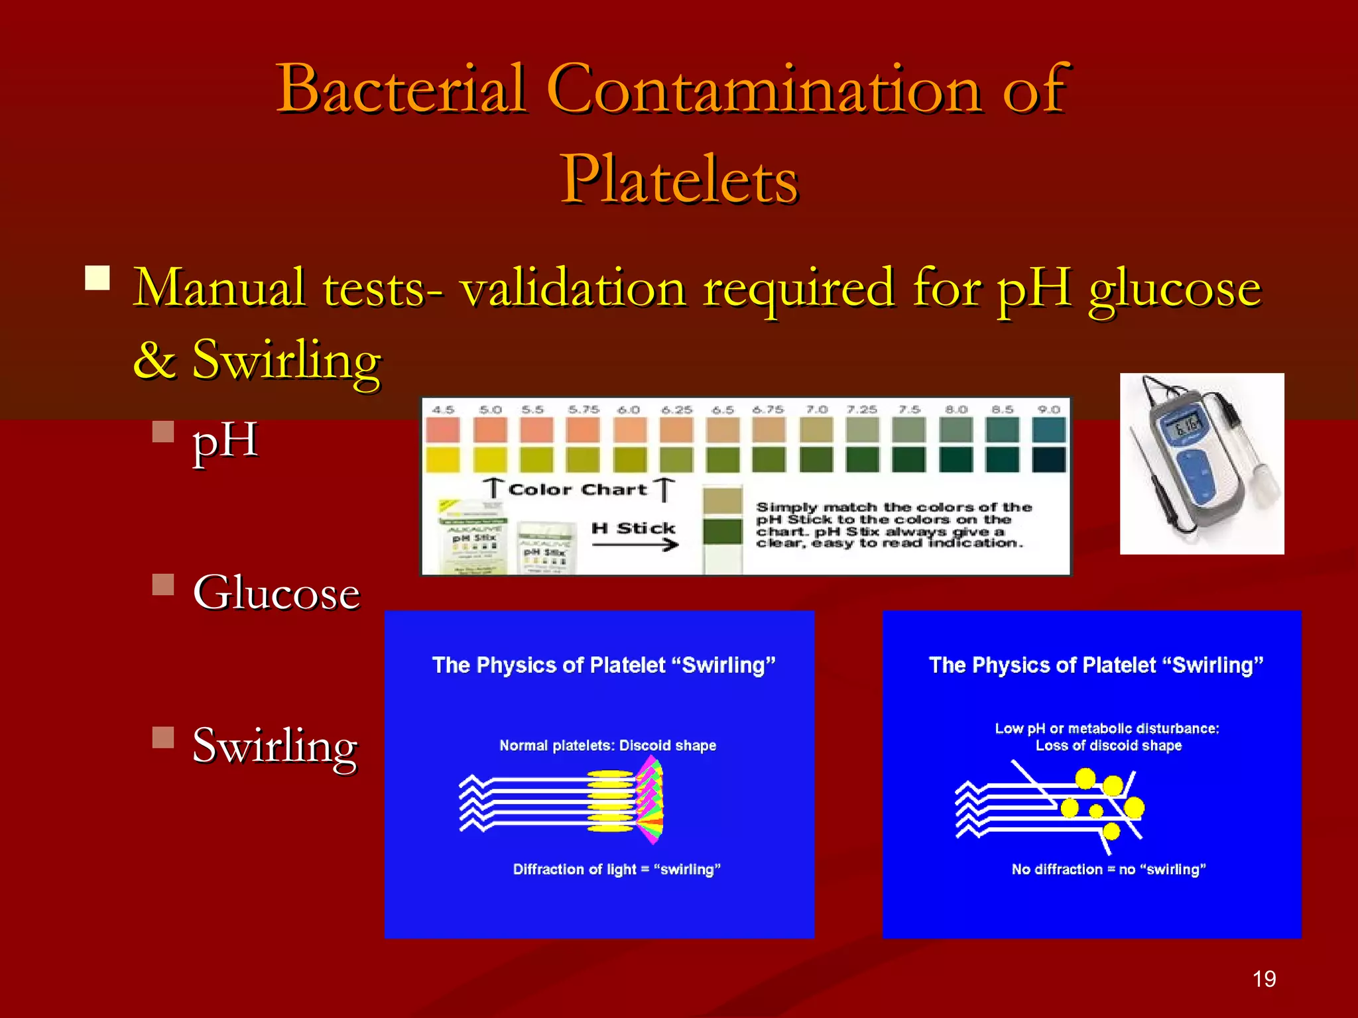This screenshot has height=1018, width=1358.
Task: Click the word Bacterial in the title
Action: point(402,89)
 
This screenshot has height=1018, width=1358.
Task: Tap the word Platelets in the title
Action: point(679,179)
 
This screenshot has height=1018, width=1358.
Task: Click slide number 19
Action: point(1264,979)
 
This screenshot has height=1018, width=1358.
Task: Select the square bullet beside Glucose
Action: point(162,585)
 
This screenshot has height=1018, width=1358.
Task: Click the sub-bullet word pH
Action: point(225,441)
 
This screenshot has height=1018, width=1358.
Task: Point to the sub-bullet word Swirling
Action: point(275,746)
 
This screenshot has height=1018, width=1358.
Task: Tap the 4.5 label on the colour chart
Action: point(443,410)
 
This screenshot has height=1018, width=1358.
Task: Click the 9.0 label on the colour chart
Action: point(1048,410)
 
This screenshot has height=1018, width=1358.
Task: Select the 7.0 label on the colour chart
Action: point(816,410)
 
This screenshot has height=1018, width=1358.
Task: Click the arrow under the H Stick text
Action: point(635,545)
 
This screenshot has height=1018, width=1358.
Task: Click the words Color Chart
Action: point(577,490)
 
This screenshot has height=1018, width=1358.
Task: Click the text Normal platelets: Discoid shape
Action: point(607,746)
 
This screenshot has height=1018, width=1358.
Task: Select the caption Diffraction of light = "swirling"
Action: point(617,870)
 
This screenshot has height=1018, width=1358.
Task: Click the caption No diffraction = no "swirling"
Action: point(1109,870)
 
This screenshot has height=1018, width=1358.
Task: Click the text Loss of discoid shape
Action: point(1109,746)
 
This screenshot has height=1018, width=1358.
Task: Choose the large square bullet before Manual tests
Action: point(97,278)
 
